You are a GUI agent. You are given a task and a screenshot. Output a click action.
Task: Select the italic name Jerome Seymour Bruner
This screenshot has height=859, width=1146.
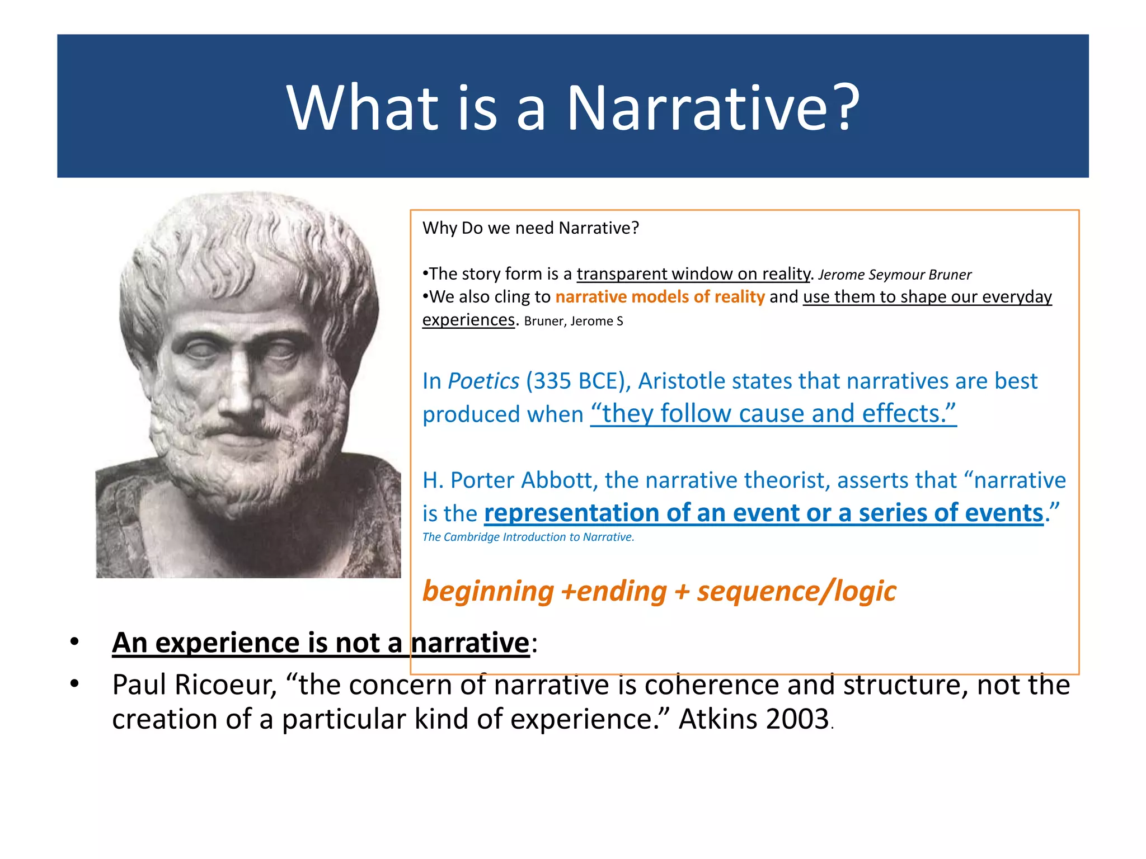pos(894,275)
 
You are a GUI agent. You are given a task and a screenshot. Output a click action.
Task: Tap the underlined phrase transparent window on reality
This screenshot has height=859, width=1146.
pos(693,274)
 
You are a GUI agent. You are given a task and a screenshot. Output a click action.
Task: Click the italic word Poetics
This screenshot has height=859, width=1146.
pos(483,381)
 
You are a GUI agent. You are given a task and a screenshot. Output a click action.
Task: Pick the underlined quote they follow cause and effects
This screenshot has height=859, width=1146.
pos(773,414)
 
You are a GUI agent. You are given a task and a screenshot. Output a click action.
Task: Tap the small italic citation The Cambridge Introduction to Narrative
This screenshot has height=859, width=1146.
pos(528,537)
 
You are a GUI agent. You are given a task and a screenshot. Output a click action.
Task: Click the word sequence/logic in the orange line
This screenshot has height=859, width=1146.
pos(796,592)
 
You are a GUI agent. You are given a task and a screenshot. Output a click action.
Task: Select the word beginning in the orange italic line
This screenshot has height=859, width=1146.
pos(488,592)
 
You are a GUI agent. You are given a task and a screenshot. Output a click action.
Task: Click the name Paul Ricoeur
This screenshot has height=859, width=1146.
pos(194,685)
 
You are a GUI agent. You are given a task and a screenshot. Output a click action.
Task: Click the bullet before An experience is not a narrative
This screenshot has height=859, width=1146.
pos(74,643)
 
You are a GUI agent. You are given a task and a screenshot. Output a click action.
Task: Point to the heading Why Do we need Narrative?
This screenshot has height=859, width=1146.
pos(530,228)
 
